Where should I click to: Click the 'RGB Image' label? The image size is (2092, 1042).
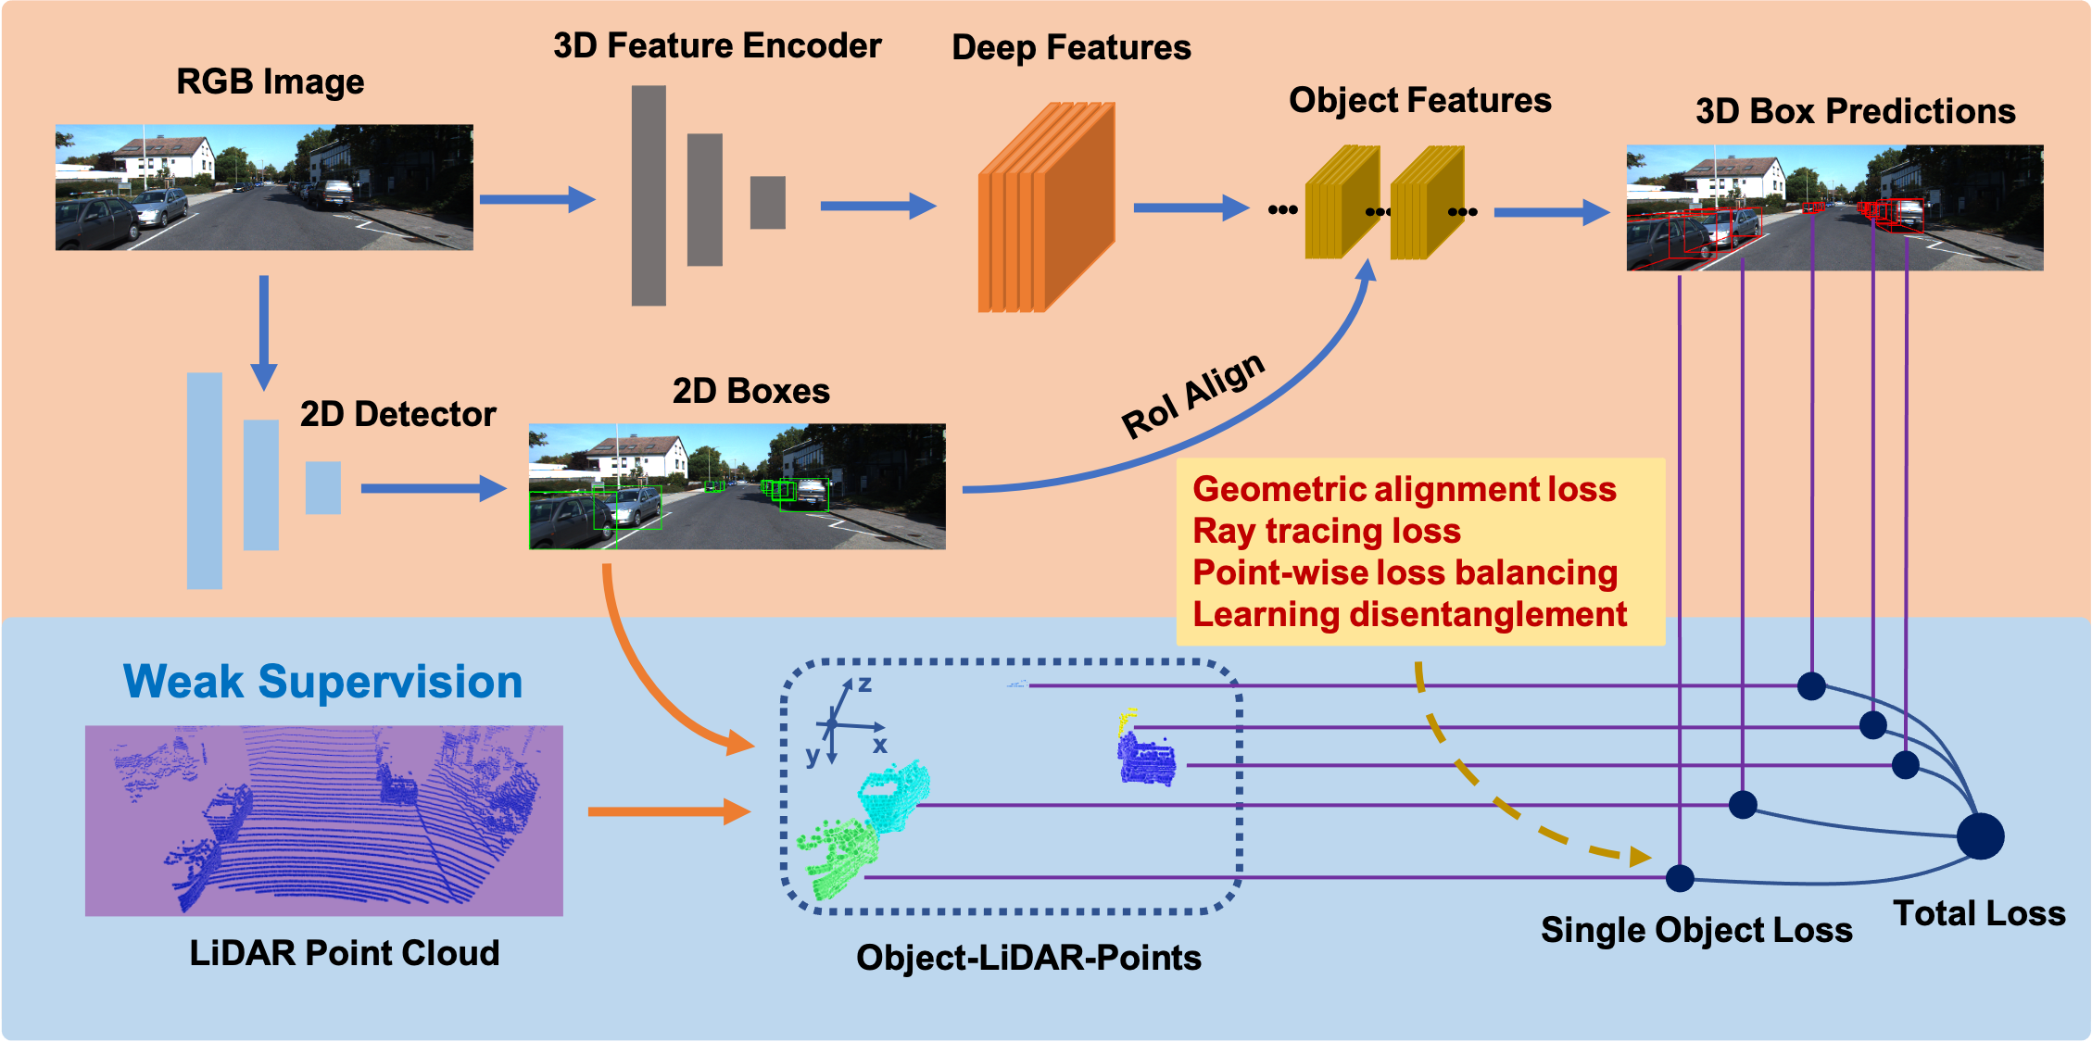270,82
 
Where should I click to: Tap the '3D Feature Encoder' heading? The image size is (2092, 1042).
716,46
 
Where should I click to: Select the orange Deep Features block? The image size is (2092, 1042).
1046,208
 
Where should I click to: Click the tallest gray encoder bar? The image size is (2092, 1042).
649,195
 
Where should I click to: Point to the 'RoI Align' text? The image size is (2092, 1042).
1192,395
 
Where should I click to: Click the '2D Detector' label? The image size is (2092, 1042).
397,414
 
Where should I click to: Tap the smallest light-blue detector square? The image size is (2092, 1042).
323,488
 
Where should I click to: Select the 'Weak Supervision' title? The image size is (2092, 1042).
322,682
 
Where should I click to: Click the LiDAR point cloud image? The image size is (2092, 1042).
323,821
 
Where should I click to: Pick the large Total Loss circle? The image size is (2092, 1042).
1980,835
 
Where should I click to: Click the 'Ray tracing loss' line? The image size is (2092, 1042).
1326,532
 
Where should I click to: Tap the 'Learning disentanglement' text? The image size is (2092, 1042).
1409,615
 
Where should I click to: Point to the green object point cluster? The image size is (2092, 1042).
838,858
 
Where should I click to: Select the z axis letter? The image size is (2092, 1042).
864,684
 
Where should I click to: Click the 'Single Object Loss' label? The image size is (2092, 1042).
1695,930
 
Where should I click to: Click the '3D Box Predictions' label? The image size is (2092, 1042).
1855,112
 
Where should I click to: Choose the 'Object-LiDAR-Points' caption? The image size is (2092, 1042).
1028,959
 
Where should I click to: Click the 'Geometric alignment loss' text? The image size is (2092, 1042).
1404,489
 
